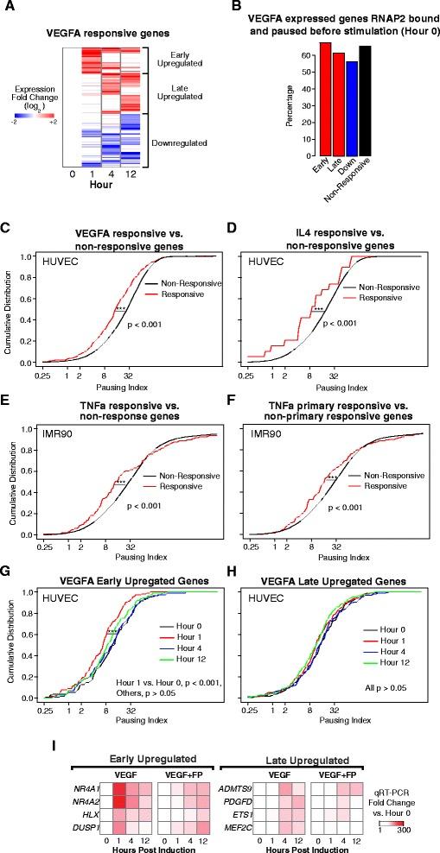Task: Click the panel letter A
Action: point(10,10)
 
